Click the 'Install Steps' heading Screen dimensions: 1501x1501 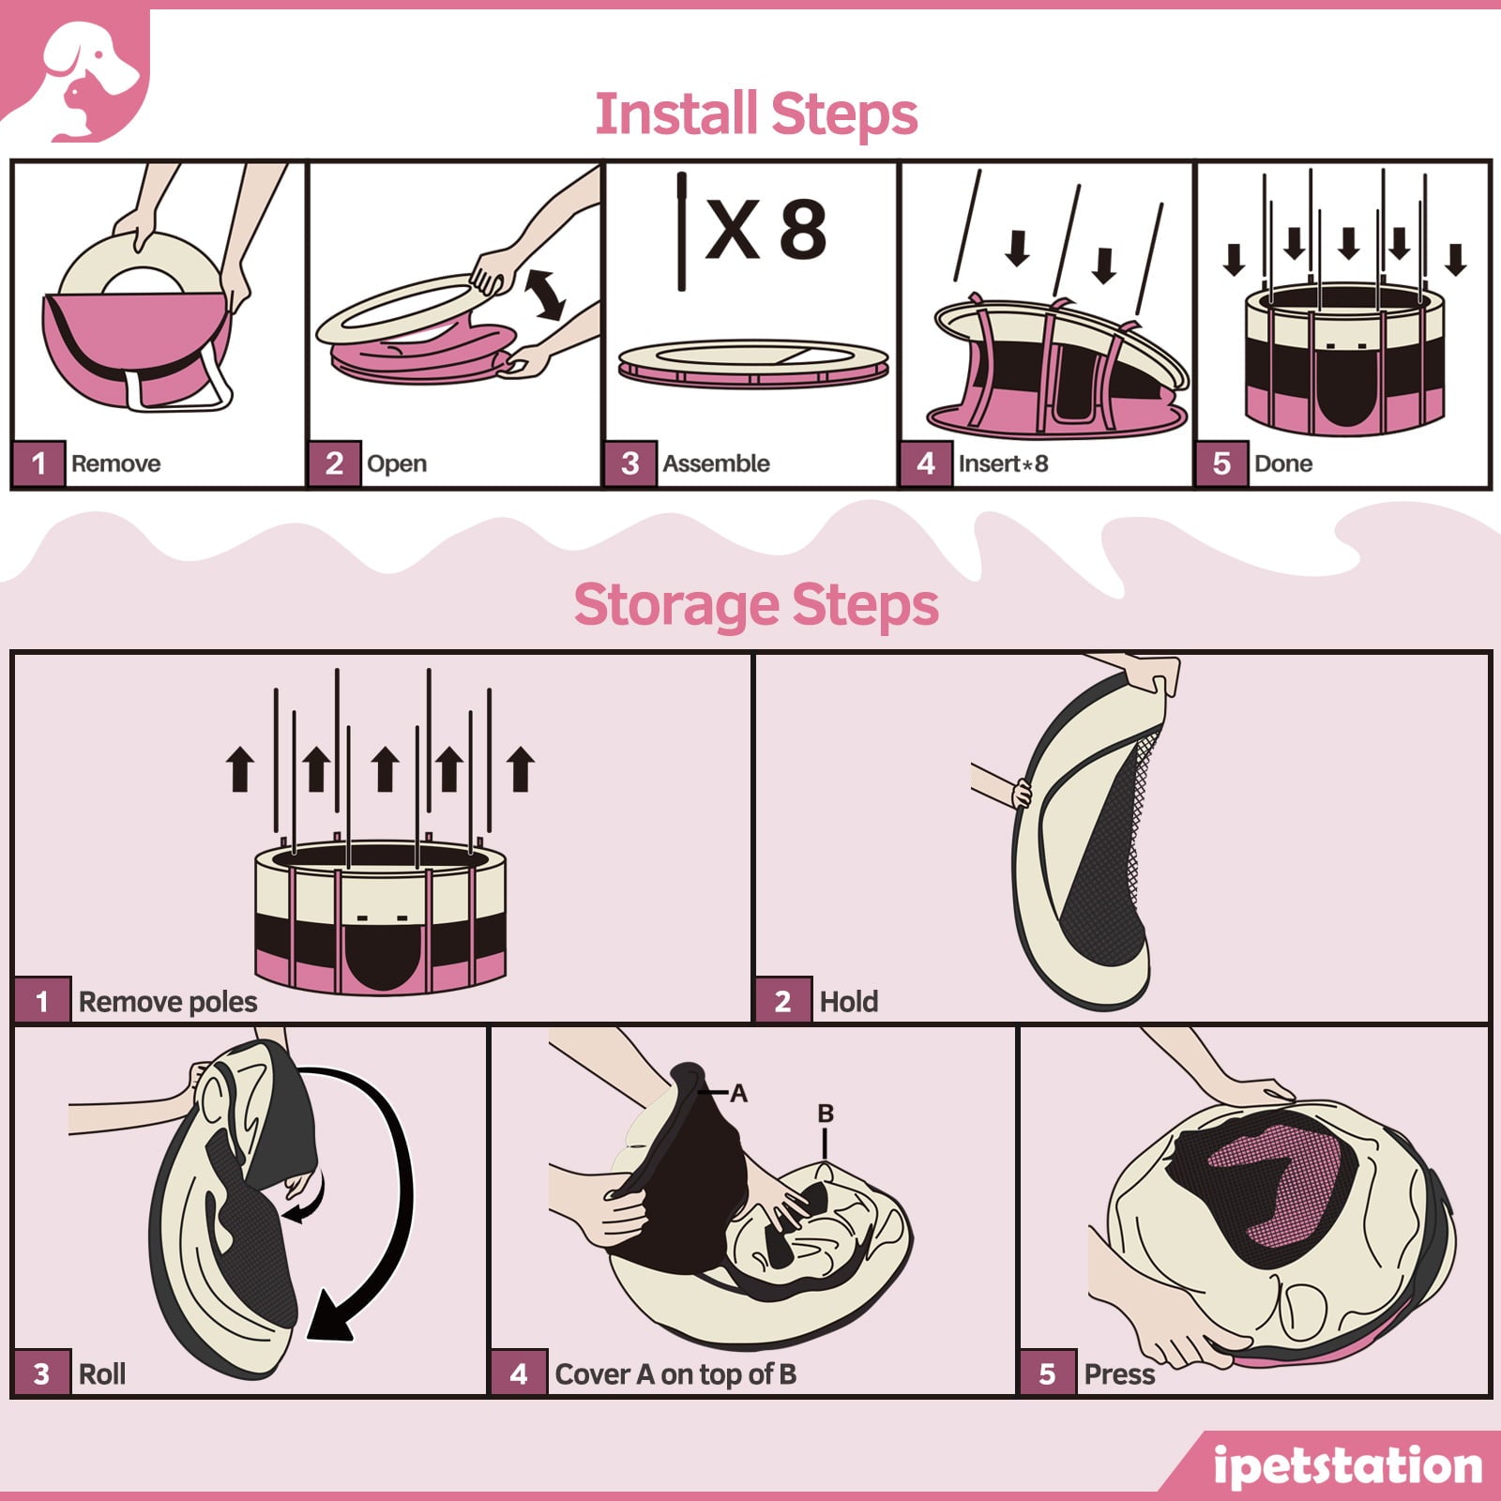pos(756,114)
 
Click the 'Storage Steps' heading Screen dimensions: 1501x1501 pos(756,605)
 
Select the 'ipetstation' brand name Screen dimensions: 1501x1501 pos(1347,1465)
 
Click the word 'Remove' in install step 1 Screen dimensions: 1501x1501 pos(115,463)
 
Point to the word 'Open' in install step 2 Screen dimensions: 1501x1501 pos(397,464)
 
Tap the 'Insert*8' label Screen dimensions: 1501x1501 pos(1003,463)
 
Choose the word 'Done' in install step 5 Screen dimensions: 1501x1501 pos(1283,463)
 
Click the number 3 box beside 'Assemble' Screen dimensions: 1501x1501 pos(630,463)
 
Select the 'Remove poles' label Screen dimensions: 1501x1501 pos(168,1002)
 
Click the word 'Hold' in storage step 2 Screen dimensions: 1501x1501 pos(849,1002)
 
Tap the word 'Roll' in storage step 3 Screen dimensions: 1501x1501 pos(102,1374)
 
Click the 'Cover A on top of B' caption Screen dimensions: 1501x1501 pos(675,1374)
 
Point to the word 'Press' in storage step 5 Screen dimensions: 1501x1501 pos(1119,1374)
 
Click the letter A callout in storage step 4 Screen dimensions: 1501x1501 pos(739,1093)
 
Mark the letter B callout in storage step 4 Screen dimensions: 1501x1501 pos(826,1114)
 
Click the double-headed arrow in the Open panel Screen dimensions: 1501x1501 pos(545,294)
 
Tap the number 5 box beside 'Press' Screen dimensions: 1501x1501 pos(1048,1374)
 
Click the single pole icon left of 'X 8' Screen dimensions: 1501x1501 pos(682,231)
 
